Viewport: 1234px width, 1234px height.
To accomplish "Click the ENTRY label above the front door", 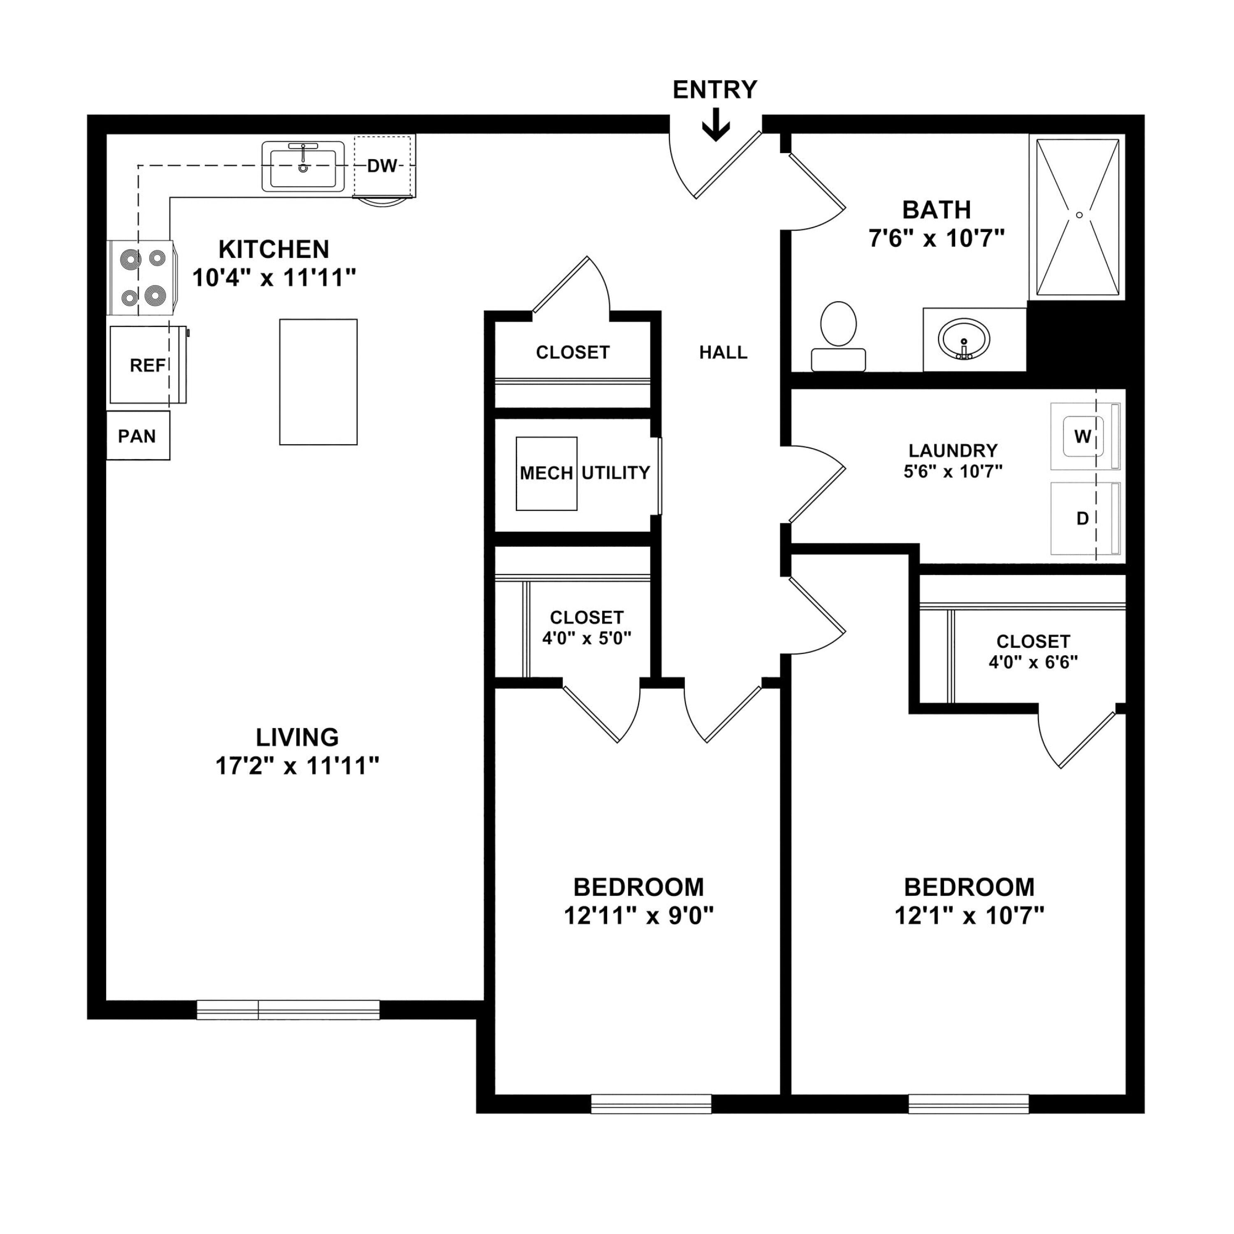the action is (x=715, y=89).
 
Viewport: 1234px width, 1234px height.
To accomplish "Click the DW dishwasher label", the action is (x=382, y=166).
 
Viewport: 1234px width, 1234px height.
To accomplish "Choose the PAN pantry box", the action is (x=138, y=436).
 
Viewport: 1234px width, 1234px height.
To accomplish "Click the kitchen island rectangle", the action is (x=318, y=382).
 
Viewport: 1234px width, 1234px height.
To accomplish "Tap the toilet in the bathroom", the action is (x=838, y=336).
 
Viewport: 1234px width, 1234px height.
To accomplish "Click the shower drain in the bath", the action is (x=1079, y=215).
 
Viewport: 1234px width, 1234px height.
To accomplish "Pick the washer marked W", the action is (x=1085, y=437).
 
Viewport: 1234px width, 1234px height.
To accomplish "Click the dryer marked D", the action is (x=1085, y=518).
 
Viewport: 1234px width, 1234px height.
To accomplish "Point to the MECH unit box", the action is (x=547, y=473).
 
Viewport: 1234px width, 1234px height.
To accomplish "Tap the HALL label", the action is (x=723, y=353).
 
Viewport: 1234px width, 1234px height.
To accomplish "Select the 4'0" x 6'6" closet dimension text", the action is (x=1033, y=662).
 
